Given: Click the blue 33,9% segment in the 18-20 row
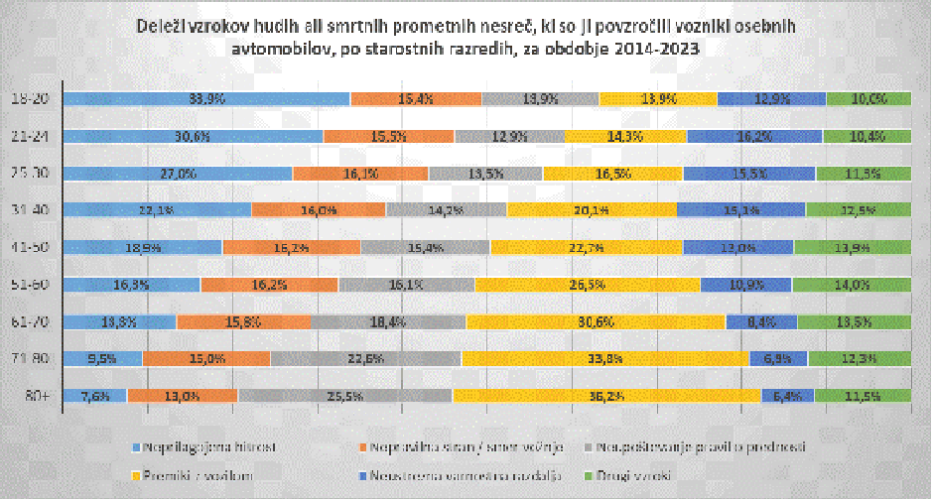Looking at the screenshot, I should click(205, 98).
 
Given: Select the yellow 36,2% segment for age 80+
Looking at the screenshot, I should click(606, 396).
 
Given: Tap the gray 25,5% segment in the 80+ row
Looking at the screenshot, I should click(345, 396).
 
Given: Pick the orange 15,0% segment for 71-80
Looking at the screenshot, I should click(205, 358).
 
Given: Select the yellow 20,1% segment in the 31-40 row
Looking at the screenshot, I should click(592, 209).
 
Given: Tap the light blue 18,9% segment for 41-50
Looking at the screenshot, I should click(142, 247).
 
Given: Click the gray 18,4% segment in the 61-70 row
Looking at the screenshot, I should click(389, 321).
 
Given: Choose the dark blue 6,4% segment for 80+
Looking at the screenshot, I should click(787, 396).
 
